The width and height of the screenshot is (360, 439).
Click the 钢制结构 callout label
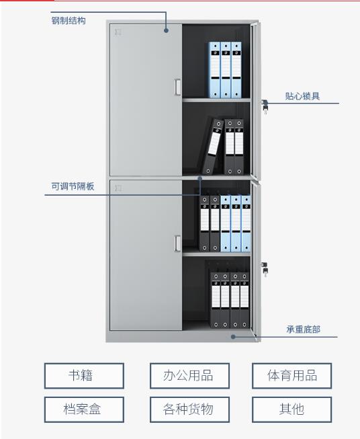click(69, 21)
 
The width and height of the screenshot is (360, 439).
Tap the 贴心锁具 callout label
click(302, 96)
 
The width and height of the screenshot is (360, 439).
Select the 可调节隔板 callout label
click(73, 186)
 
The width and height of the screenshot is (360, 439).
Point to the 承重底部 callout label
click(303, 329)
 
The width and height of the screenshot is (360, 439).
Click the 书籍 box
click(84, 376)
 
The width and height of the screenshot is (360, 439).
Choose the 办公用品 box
click(189, 376)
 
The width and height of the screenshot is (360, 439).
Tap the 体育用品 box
click(291, 376)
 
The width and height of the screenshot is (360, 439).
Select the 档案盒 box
click(84, 409)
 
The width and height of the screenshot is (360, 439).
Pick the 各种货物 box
click(189, 409)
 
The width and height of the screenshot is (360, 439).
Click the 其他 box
click(291, 409)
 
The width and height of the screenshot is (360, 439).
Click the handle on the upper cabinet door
click(177, 87)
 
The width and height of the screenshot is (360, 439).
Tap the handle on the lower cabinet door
click(177, 243)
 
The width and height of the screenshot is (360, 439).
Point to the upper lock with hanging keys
click(265, 106)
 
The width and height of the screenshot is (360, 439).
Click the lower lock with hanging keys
click(265, 269)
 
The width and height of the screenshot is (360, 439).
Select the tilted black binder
click(213, 146)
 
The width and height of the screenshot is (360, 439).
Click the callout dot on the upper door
click(166, 30)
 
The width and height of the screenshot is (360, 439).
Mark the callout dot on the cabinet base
click(233, 337)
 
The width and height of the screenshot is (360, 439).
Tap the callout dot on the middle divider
click(199, 178)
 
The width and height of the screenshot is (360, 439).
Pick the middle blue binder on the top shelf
click(226, 70)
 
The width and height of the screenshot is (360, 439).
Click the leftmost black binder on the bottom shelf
click(216, 300)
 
